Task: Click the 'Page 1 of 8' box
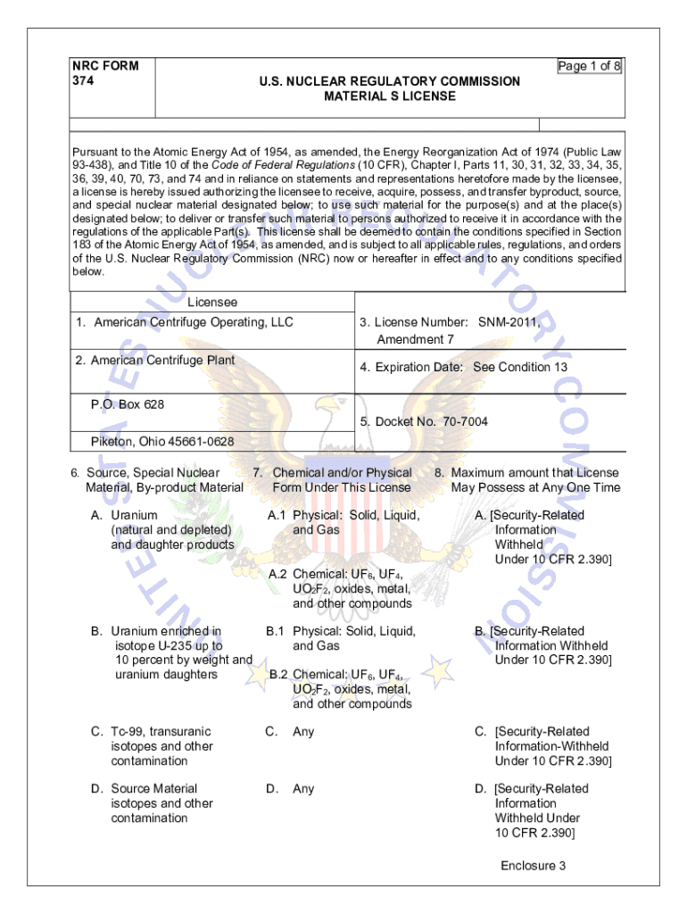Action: (x=589, y=66)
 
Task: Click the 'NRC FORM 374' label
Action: (x=105, y=73)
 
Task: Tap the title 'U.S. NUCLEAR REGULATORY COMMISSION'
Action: (x=389, y=81)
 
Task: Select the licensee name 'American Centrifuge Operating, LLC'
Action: (x=194, y=322)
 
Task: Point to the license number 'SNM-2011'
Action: (x=509, y=322)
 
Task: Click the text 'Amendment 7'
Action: (x=416, y=339)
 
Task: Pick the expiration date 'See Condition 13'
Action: (x=520, y=367)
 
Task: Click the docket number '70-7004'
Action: (x=457, y=421)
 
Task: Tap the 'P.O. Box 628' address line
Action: (x=128, y=404)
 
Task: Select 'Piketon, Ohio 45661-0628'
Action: (x=162, y=442)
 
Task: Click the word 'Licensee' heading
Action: (x=212, y=303)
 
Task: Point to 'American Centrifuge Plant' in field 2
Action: (x=163, y=360)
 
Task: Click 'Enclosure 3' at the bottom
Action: (x=533, y=866)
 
